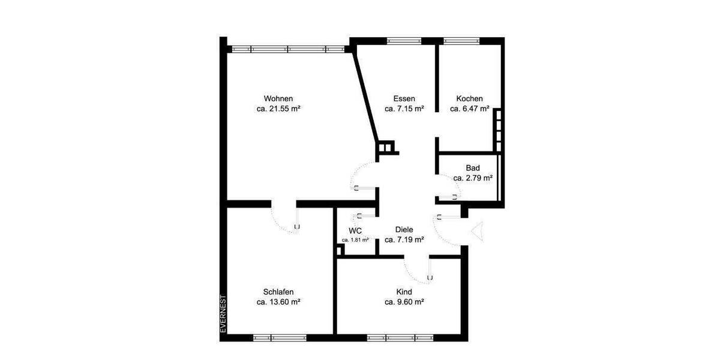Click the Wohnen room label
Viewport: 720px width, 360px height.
tap(278, 98)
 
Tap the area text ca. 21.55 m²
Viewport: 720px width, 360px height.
tap(278, 109)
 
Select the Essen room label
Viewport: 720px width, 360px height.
tap(404, 98)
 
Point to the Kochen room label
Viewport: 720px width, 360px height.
tap(469, 98)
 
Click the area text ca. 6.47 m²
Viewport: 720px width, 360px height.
tap(469, 109)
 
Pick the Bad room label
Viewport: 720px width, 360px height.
tap(473, 168)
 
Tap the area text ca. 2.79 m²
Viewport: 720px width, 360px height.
tap(473, 178)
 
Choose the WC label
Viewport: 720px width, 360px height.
tap(355, 230)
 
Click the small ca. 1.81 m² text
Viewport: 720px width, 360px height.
tap(355, 240)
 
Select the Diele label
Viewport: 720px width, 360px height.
tap(404, 229)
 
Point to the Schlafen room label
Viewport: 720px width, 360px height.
tap(278, 292)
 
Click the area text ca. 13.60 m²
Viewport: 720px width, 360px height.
tap(278, 302)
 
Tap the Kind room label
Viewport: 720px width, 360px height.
tap(404, 292)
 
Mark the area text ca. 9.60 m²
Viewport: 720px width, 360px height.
tap(404, 302)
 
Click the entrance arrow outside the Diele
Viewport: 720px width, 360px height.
tap(478, 232)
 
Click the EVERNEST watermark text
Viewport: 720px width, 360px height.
tap(223, 313)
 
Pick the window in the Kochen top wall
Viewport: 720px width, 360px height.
tap(461, 41)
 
